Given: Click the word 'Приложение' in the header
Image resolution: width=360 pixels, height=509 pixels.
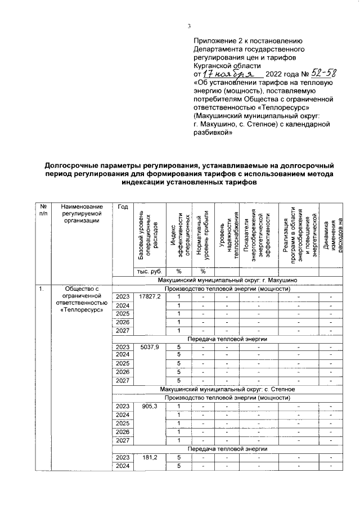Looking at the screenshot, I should [213, 41].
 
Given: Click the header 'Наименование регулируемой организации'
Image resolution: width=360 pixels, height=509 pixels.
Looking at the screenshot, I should [82, 214].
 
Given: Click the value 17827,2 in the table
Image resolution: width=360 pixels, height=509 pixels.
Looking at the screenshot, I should [150, 296].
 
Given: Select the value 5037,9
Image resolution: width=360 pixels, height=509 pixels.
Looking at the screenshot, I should [150, 347].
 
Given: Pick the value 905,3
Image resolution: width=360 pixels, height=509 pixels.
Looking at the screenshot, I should [150, 406].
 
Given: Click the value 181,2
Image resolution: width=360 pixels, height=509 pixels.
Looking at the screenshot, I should [150, 457].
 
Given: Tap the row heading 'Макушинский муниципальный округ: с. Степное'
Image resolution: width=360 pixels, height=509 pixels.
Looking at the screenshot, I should [231, 389].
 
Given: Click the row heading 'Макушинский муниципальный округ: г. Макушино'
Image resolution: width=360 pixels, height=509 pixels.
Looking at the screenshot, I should [231, 280].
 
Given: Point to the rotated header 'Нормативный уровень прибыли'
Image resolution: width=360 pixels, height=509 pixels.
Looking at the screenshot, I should [202, 236].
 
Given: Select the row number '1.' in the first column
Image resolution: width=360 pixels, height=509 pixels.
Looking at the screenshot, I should [41, 289].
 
